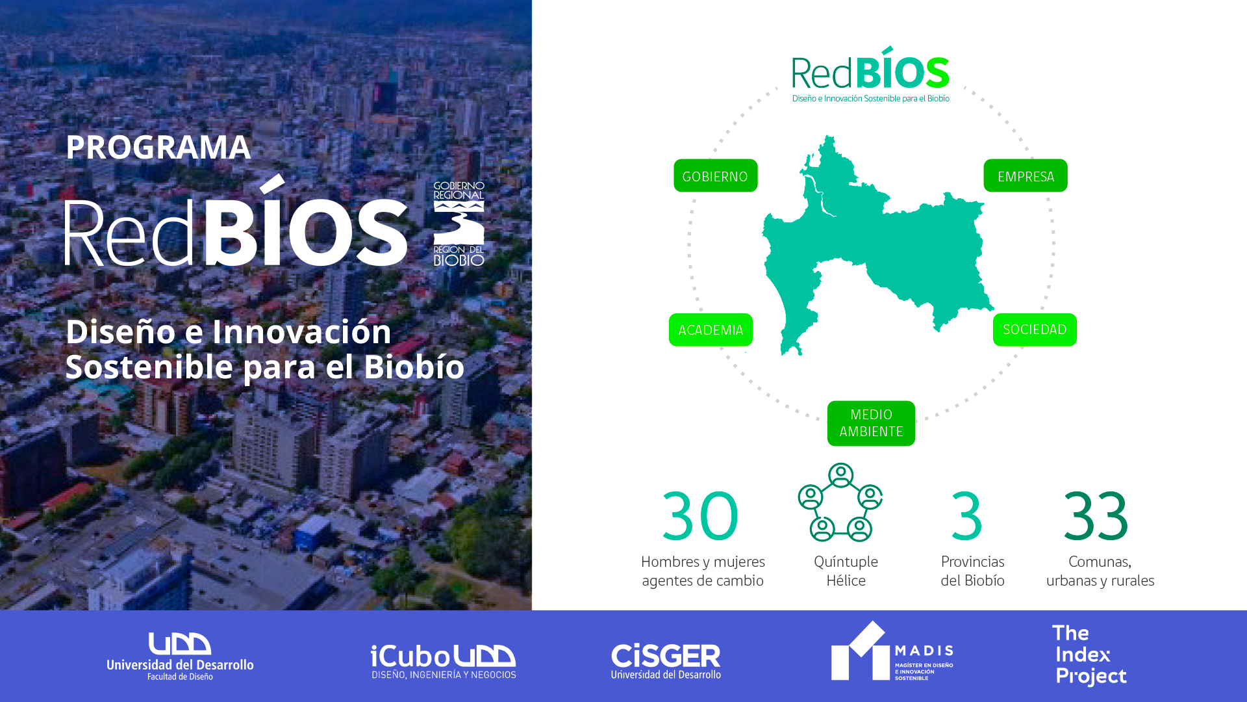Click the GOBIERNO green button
[x=715, y=175]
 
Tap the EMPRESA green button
[x=1026, y=175]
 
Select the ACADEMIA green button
[x=711, y=330]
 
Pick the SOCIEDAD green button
[x=1035, y=330]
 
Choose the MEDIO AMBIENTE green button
[x=871, y=423]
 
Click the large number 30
[x=700, y=516]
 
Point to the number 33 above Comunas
[x=1096, y=516]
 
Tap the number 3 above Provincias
[x=967, y=516]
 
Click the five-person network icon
[x=840, y=502]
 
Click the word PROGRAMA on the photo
[x=158, y=147]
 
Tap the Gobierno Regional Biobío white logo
[x=459, y=224]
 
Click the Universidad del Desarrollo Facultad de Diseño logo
[x=180, y=656]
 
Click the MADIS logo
[x=892, y=651]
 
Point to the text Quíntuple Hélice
[x=846, y=571]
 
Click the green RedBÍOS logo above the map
[x=870, y=74]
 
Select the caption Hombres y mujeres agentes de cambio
[x=703, y=571]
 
